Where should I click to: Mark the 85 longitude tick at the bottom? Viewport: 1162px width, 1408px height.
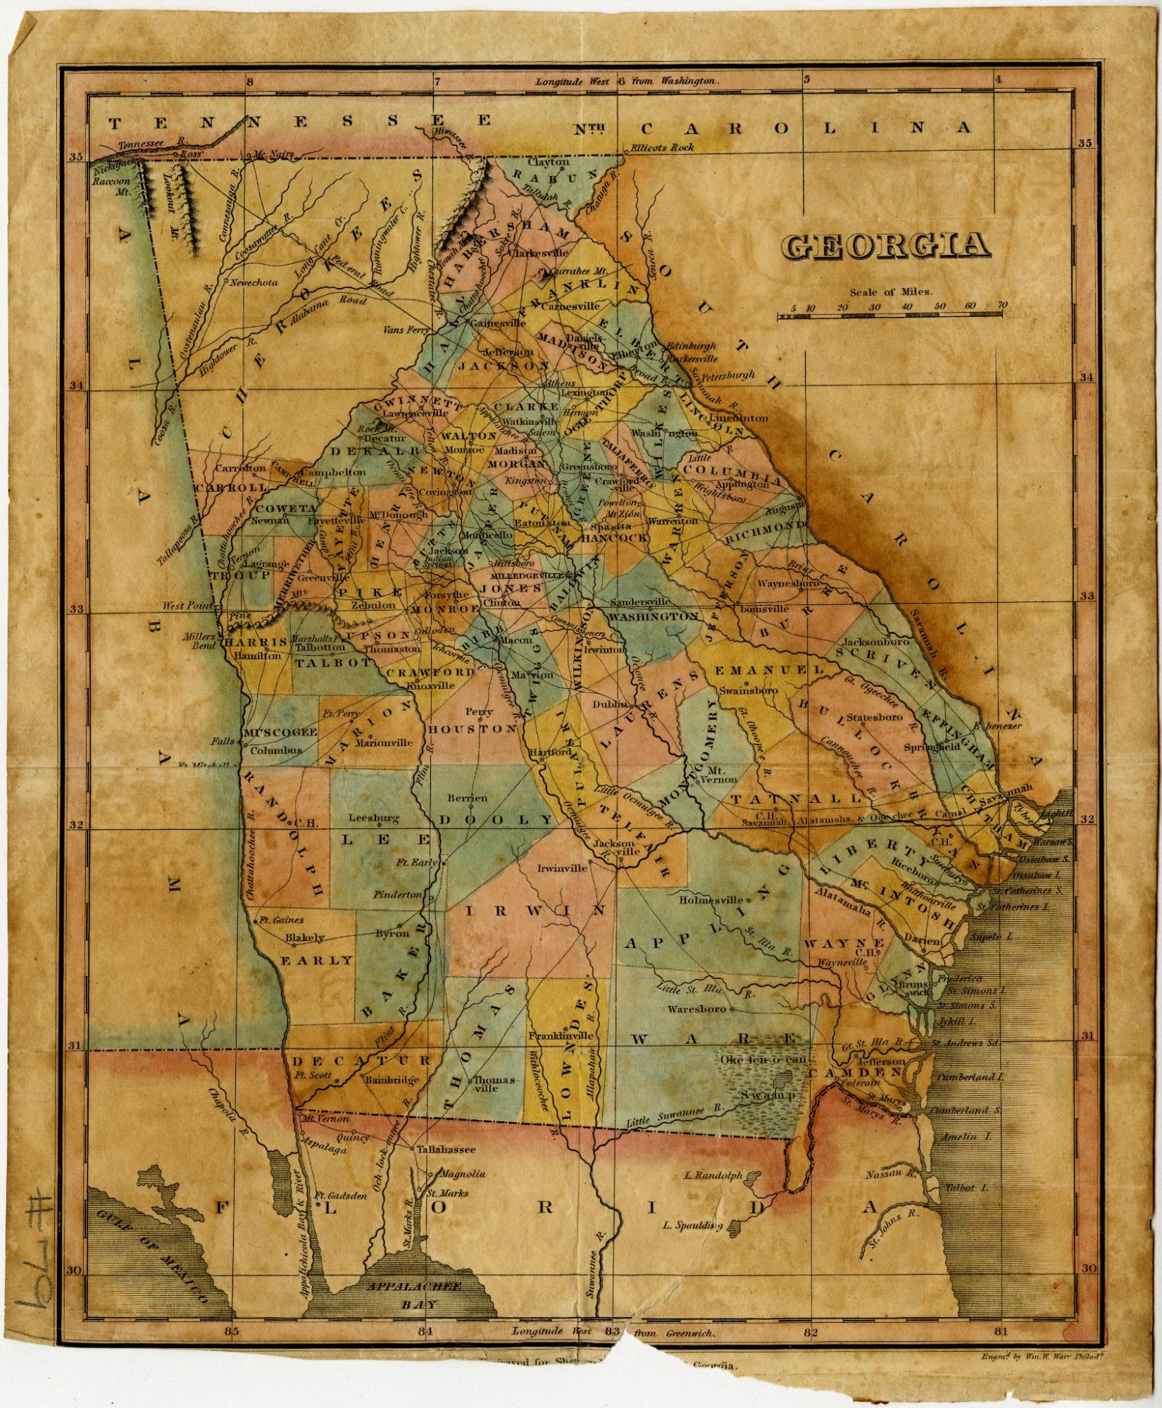[232, 1331]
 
